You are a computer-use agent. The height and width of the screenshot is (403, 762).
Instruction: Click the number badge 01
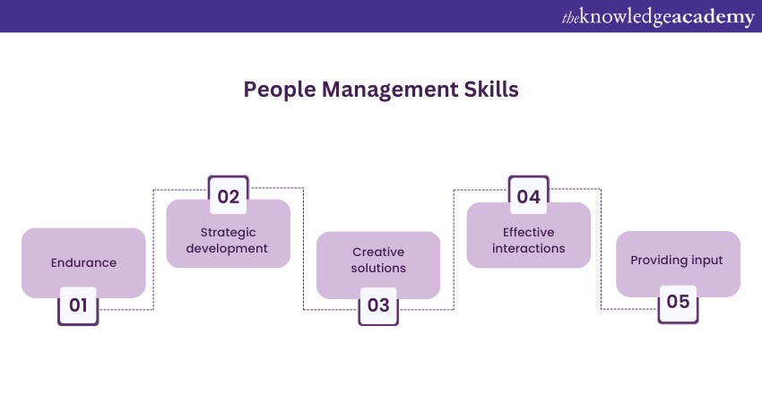coord(78,305)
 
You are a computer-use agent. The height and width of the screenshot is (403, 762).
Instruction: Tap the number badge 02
coord(229,195)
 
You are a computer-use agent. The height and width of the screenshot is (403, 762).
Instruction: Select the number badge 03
coord(378,305)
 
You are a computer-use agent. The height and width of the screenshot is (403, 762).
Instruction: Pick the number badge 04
coord(529,195)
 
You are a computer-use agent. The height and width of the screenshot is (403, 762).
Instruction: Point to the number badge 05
coord(679,304)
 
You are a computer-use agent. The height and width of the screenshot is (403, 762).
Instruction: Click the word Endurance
coord(83,262)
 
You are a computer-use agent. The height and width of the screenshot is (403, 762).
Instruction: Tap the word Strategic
coord(229,233)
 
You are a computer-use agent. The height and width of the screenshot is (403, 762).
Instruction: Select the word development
coord(227,249)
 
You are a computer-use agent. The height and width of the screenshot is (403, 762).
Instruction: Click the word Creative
coord(378,252)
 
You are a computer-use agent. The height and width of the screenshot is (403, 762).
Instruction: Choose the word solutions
coord(378,268)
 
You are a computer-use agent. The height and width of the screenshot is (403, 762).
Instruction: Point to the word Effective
coord(529,233)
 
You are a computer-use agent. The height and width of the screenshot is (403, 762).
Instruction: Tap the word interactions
coord(529,249)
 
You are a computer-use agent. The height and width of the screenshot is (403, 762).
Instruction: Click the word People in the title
coord(280,90)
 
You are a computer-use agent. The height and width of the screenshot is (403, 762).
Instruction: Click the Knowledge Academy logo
coord(658,18)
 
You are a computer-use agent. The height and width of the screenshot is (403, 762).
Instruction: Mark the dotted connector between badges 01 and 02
coord(153,249)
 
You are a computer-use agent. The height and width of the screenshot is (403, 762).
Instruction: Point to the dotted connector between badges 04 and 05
coord(602,249)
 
